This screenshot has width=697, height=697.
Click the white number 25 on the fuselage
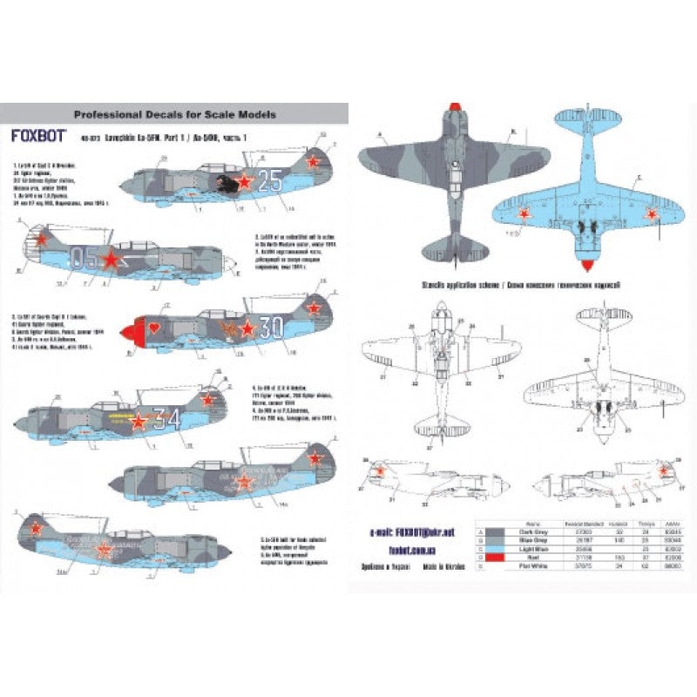pos(269,181)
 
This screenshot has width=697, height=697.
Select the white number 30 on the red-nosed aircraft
pos(272,328)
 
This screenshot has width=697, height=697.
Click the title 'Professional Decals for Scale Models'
pos(174,113)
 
